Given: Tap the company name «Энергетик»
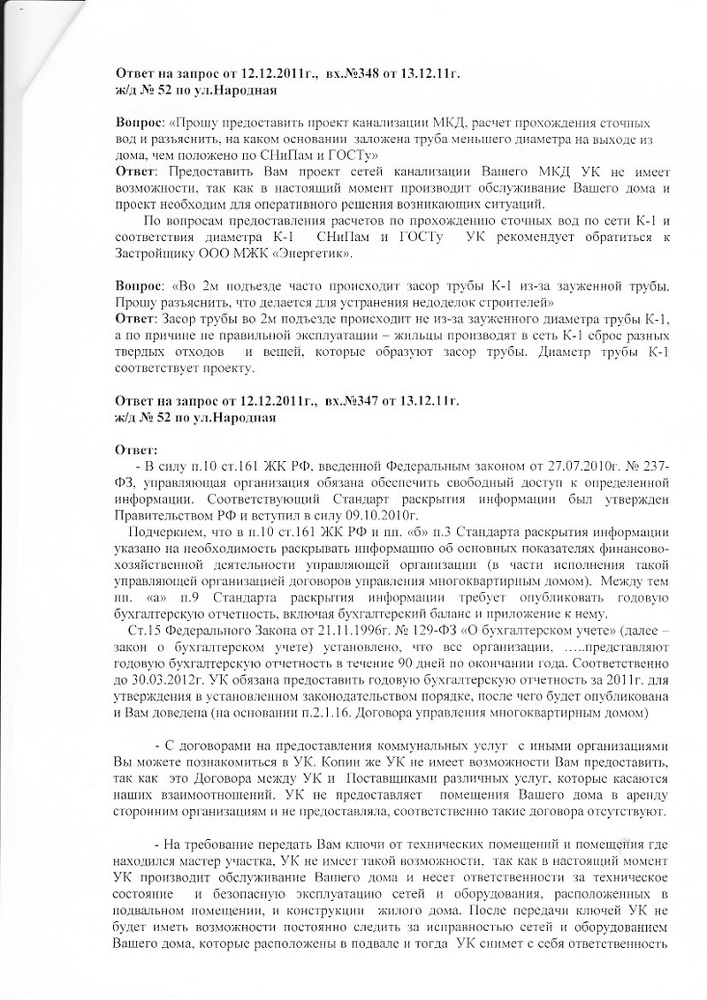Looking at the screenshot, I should pyautogui.click(x=318, y=254).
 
